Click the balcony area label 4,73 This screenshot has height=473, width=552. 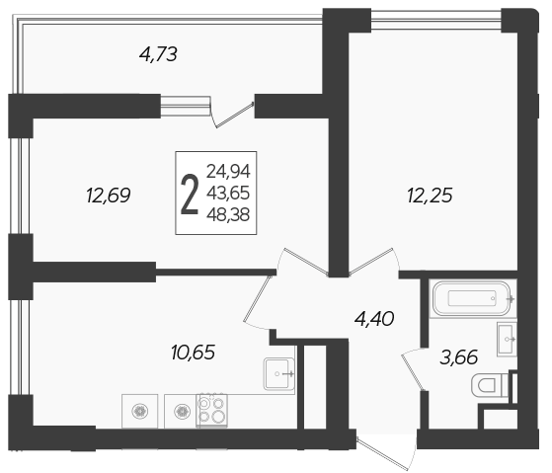(x=158, y=54)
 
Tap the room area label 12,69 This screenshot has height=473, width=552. (x=108, y=195)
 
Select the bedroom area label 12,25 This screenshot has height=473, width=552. (x=430, y=196)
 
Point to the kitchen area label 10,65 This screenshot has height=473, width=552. (x=193, y=352)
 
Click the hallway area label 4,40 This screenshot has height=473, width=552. (x=374, y=319)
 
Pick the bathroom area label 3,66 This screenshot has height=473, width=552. (x=459, y=356)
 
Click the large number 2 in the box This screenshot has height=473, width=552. (x=190, y=195)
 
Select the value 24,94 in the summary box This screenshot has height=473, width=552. (x=228, y=172)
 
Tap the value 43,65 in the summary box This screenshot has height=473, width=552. (x=228, y=193)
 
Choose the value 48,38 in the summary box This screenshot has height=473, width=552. (x=228, y=214)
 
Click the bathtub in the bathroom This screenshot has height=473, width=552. (x=472, y=298)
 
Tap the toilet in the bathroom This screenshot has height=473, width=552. (x=490, y=385)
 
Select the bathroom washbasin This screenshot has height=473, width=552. (x=507, y=339)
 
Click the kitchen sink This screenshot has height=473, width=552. (x=278, y=373)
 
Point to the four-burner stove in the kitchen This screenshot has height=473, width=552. (x=211, y=410)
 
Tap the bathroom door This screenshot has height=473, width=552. (x=413, y=369)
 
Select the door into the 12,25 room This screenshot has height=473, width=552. (x=374, y=261)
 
